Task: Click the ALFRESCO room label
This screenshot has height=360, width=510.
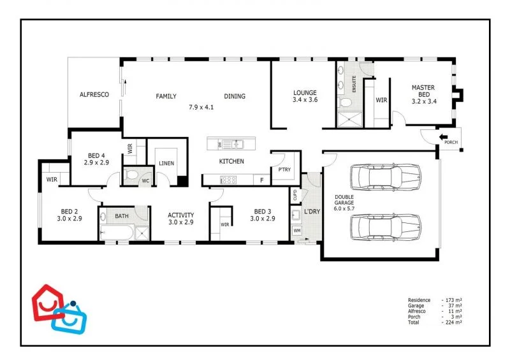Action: click(x=94, y=94)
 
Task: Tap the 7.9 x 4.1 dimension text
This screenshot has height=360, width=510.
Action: click(x=201, y=107)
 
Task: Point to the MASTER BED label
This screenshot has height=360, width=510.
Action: click(x=423, y=91)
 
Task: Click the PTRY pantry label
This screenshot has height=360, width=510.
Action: click(x=284, y=169)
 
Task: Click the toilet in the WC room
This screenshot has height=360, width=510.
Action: click(x=131, y=174)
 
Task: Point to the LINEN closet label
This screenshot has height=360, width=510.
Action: click(x=166, y=163)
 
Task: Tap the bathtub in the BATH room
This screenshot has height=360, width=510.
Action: click(x=117, y=232)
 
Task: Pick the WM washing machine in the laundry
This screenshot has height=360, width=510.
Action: click(x=297, y=230)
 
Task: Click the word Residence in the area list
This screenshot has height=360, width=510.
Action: click(x=419, y=299)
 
